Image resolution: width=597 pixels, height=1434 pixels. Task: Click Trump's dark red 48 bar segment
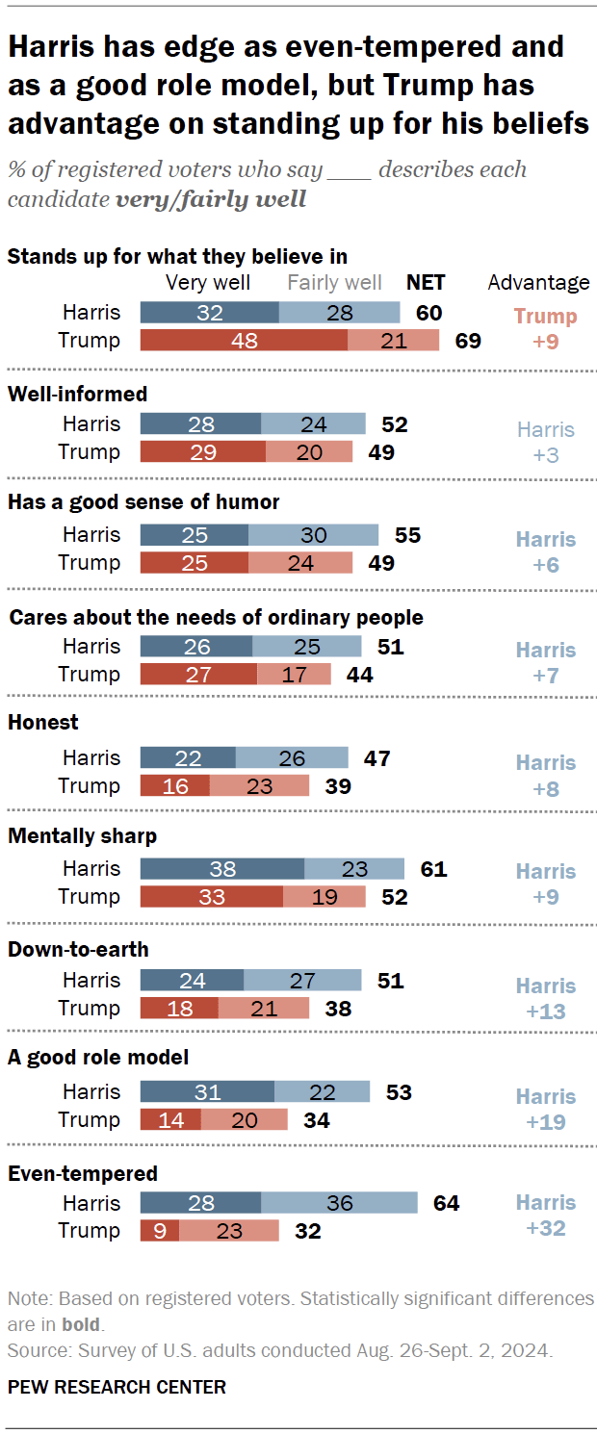click(x=244, y=341)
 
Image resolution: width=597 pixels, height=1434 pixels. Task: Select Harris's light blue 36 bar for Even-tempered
click(x=339, y=1203)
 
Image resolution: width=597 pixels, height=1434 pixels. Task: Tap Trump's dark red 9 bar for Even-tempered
click(x=160, y=1231)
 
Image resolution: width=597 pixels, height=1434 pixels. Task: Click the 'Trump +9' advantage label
click(x=545, y=328)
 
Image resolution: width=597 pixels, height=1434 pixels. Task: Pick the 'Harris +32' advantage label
click(x=545, y=1216)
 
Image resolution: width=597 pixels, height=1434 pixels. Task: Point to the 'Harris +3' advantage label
click(x=545, y=442)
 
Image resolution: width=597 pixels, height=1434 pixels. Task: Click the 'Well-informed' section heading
click(x=77, y=394)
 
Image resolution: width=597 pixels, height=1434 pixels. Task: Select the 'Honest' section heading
click(x=43, y=723)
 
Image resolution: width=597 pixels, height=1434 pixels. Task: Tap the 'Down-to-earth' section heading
click(x=78, y=950)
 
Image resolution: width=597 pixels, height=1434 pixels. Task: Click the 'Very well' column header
click(x=208, y=283)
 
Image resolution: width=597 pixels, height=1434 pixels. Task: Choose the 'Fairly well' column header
click(x=334, y=283)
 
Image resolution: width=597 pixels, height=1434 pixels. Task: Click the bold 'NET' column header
click(x=426, y=283)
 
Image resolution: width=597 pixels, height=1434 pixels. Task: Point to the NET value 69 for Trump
click(x=467, y=341)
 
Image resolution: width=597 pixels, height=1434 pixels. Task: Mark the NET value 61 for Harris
click(x=433, y=869)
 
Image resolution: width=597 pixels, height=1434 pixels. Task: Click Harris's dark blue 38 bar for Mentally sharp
click(x=222, y=869)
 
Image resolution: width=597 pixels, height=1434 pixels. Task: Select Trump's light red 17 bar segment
click(x=294, y=675)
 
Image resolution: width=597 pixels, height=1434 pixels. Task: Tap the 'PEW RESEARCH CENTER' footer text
click(x=117, y=1387)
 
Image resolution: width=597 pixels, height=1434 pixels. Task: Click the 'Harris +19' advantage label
click(x=545, y=1109)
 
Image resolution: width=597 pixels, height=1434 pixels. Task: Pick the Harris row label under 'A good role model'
click(x=91, y=1092)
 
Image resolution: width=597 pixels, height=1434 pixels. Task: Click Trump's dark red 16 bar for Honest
click(x=175, y=786)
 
